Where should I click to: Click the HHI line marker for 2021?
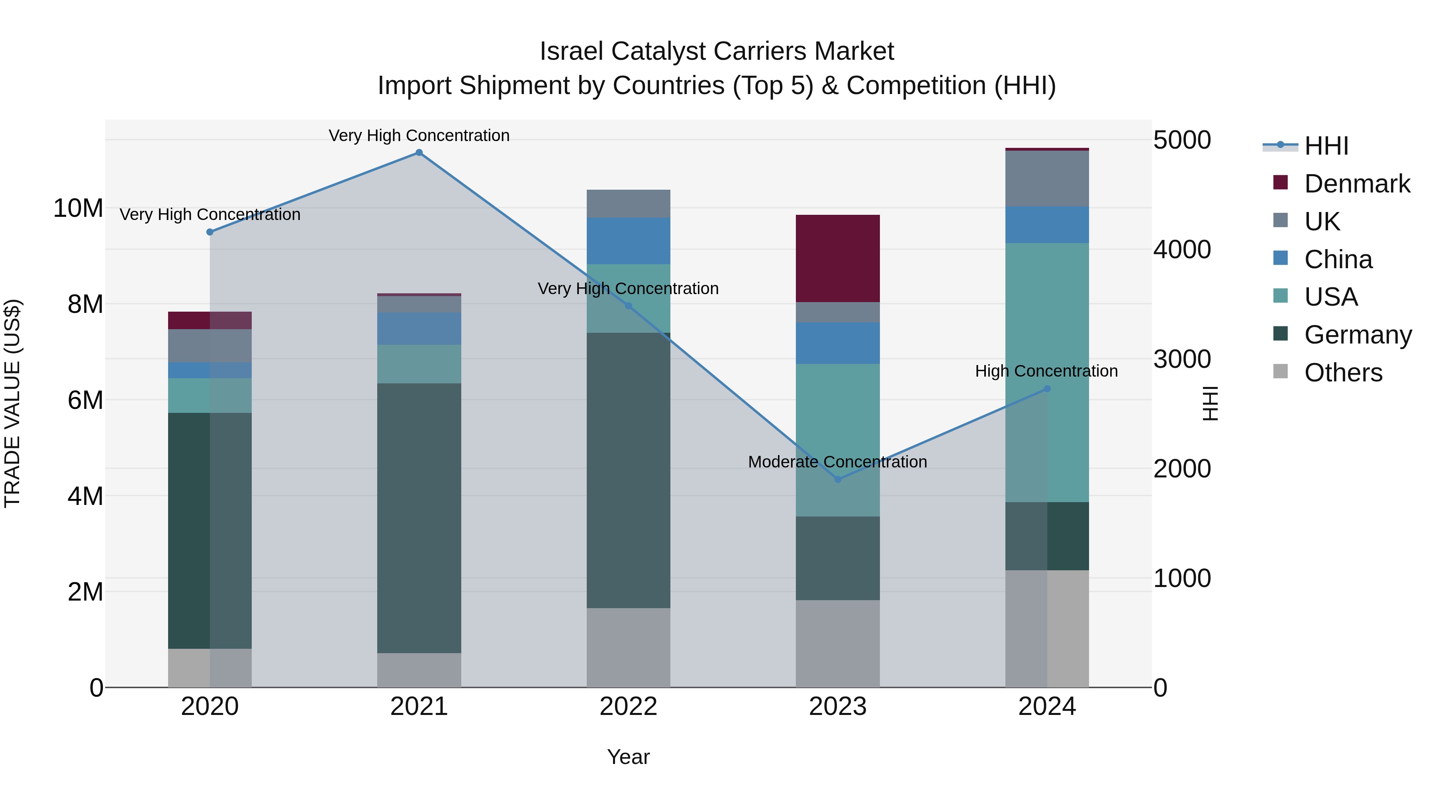pos(419,153)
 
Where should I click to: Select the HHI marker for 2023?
pos(838,479)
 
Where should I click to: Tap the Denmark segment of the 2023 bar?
pos(838,258)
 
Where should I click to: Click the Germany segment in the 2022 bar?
pos(629,471)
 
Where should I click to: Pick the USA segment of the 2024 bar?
pos(1047,372)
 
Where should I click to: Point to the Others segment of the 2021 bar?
pos(419,670)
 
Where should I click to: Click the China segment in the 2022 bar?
pos(629,241)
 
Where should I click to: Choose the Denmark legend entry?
pos(1357,184)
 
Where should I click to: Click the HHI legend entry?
pos(1326,146)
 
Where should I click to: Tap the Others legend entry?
pos(1343,373)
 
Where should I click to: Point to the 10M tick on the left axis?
pos(78,208)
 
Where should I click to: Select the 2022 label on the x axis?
pos(629,707)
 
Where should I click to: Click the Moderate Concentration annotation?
pos(837,462)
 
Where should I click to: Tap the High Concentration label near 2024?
pos(1046,371)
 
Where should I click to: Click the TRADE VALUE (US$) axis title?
pos(12,403)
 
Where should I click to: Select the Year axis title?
pos(629,757)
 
